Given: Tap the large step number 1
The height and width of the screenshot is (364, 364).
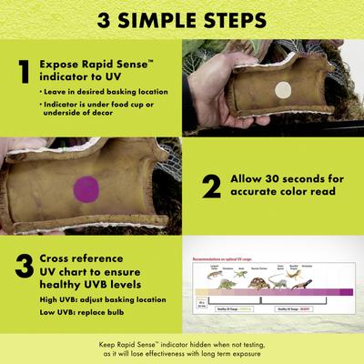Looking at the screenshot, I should pyautogui.click(x=24, y=72).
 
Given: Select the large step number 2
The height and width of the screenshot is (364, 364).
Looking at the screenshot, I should pyautogui.click(x=211, y=187).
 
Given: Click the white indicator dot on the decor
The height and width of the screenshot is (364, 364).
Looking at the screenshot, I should pyautogui.click(x=282, y=89).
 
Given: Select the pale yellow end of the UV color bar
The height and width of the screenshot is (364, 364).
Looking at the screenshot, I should pyautogui.click(x=202, y=293).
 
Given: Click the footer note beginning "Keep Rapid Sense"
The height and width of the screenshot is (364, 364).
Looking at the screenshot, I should pyautogui.click(x=182, y=349).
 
